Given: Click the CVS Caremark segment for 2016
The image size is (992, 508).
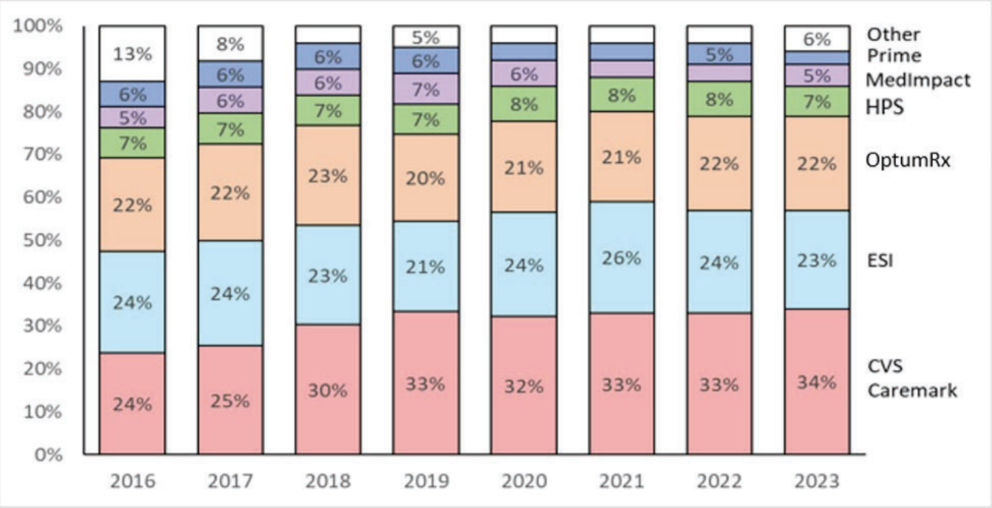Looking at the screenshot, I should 132,404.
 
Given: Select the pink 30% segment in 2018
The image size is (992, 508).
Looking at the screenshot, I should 328,390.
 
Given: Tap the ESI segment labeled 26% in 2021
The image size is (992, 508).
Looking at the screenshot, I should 621,257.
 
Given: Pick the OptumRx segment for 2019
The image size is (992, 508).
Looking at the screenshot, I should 426,177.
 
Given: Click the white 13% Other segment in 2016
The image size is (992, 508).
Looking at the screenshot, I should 132,53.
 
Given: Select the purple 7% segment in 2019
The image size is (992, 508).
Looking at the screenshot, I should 426,89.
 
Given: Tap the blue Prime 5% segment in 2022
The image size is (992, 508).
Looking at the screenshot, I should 719,54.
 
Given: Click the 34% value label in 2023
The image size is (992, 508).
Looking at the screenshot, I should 817,383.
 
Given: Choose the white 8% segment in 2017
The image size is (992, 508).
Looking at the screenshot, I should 230,43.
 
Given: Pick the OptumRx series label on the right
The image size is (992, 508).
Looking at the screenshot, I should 908,162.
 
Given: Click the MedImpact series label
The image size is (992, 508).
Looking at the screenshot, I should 918,80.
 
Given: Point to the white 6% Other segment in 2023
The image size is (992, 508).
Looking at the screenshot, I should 817,38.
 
